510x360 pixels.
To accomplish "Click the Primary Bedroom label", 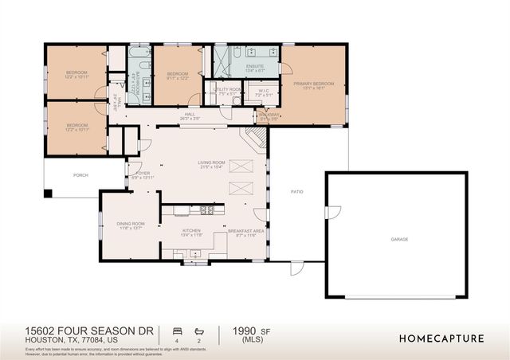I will (x=313, y=84).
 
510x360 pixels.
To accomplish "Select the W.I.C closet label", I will (x=265, y=91).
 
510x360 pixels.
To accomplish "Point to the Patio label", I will (x=296, y=192).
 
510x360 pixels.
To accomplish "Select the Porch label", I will (x=80, y=175).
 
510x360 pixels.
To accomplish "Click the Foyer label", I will (x=143, y=173).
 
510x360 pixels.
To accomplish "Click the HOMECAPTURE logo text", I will (x=441, y=338).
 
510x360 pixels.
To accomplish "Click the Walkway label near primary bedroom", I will (x=265, y=115).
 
